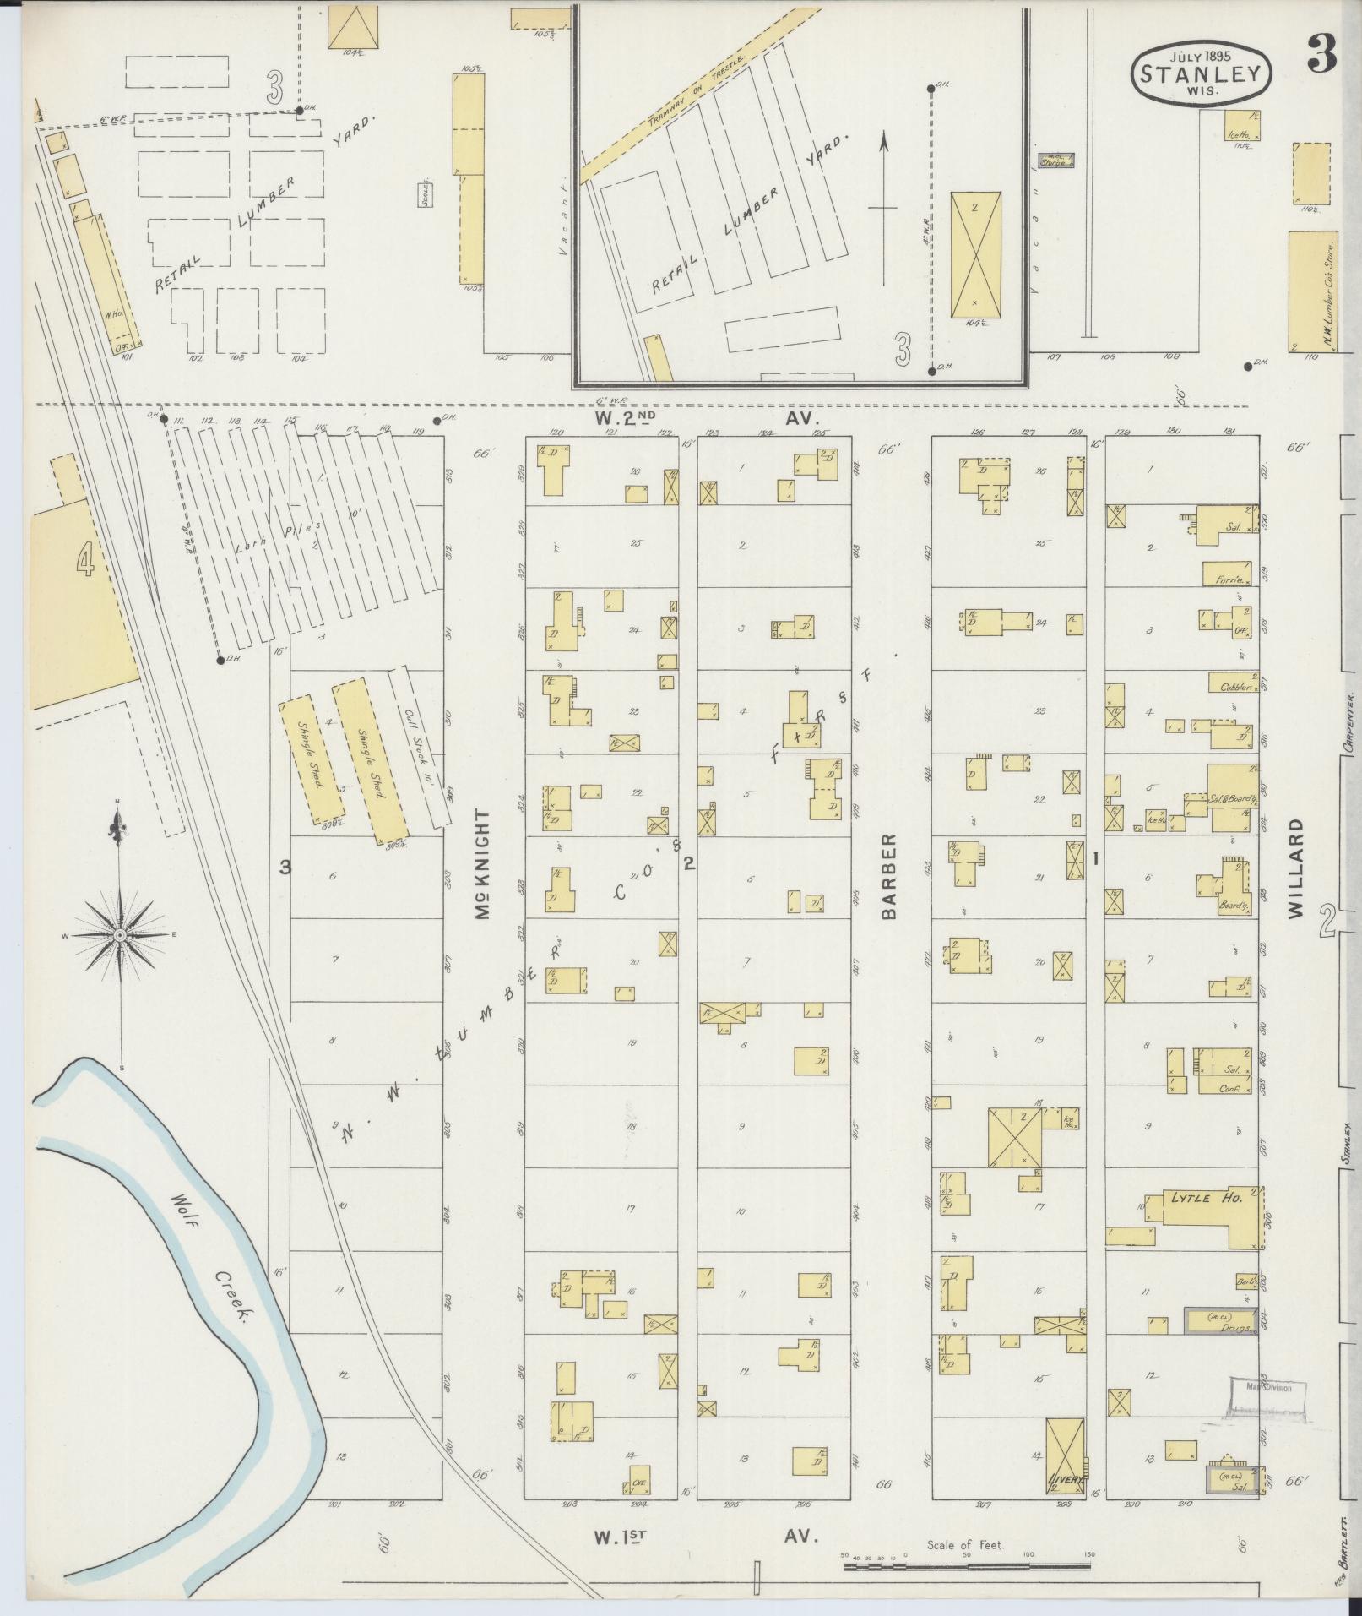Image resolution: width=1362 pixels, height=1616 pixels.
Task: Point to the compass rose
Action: click(x=121, y=936)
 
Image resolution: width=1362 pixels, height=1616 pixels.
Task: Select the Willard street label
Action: click(x=1298, y=867)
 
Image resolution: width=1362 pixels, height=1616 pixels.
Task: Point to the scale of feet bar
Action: click(x=968, y=1566)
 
